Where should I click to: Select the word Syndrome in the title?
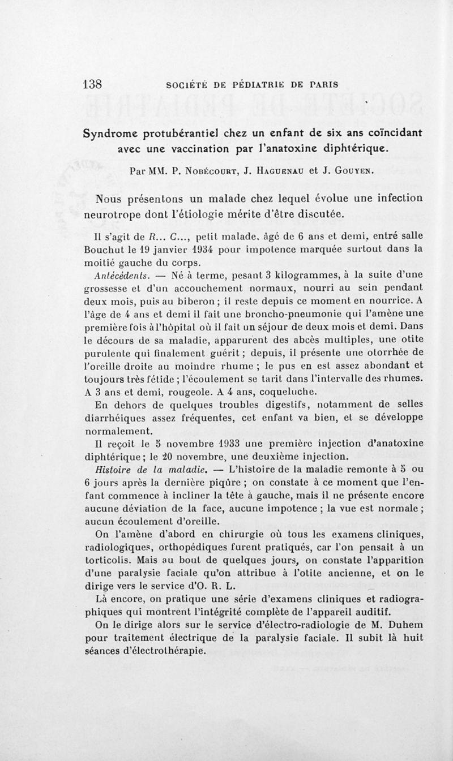click(x=112, y=134)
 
